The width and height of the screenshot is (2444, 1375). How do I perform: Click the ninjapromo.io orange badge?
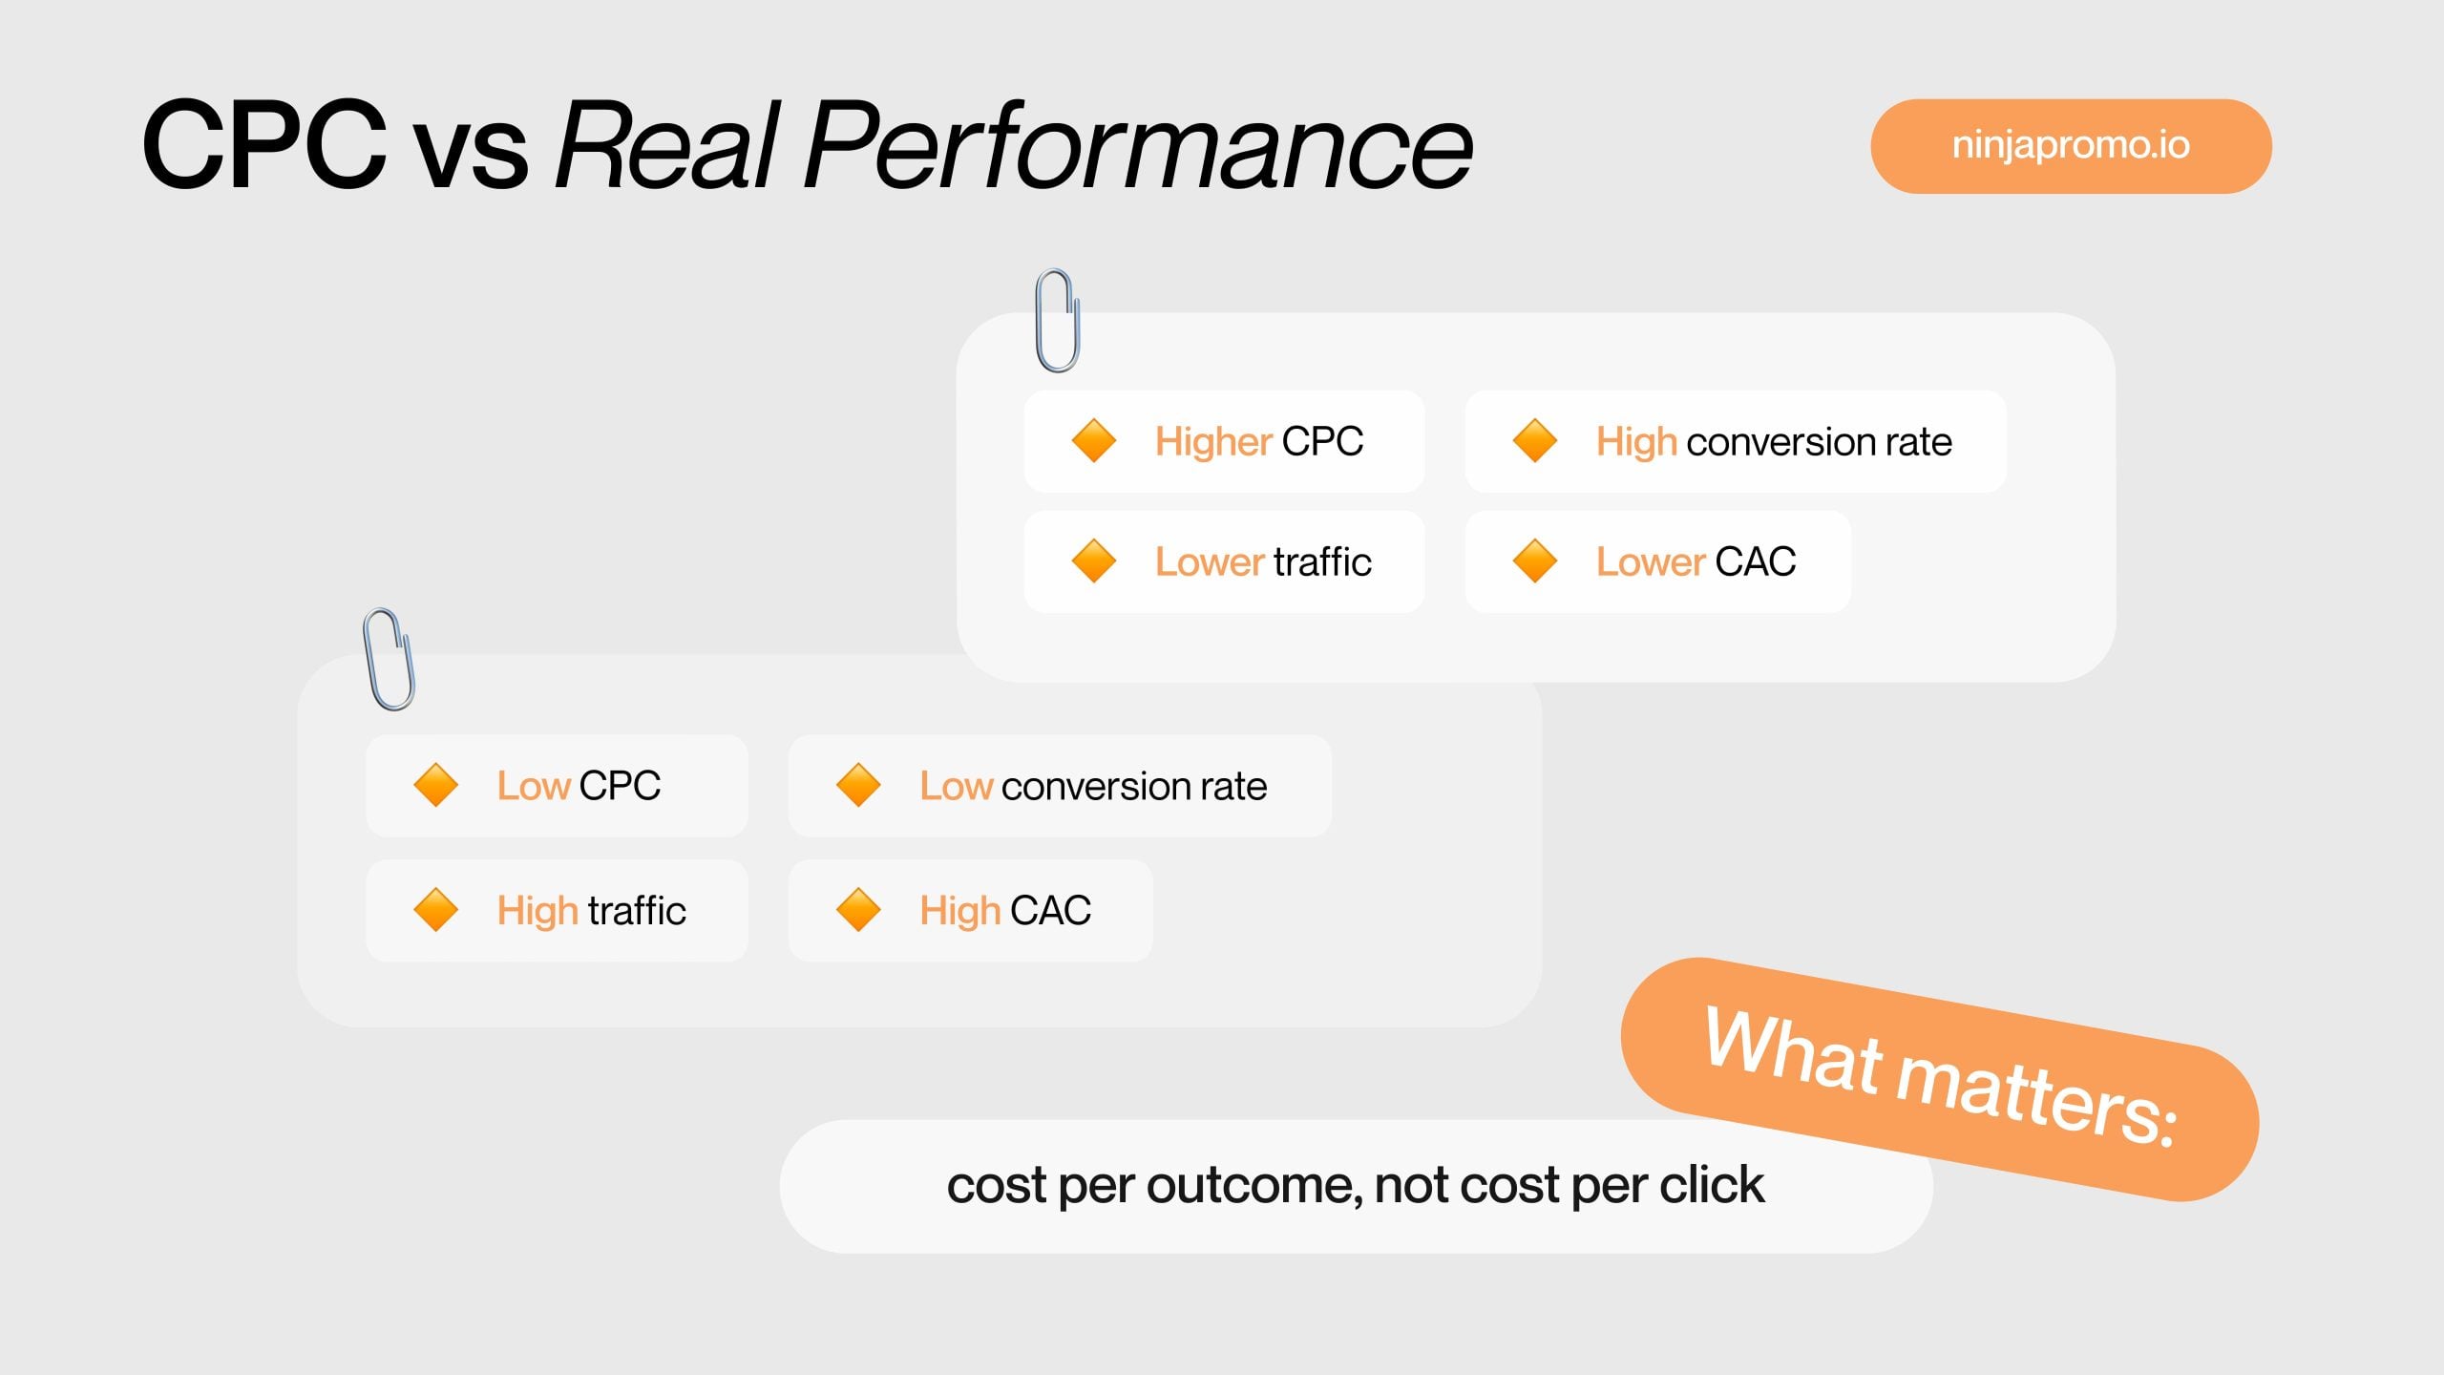click(2070, 146)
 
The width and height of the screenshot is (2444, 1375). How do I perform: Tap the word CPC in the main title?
click(264, 146)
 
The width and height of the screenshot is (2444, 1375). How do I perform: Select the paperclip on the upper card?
click(1058, 321)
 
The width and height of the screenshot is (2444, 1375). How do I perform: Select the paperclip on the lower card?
click(390, 660)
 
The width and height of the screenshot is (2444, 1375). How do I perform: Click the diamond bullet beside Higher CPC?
click(1094, 441)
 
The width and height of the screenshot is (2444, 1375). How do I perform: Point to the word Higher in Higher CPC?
click(1212, 442)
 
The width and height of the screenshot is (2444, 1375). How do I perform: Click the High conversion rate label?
click(1773, 442)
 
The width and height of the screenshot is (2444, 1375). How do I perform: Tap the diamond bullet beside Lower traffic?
click(1094, 561)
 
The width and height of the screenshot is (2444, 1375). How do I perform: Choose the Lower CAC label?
click(1696, 561)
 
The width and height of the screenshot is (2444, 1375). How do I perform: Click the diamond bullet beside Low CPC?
click(436, 785)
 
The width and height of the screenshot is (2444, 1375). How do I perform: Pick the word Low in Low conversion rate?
click(956, 786)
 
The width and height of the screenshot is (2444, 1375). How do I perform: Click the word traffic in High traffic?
click(637, 910)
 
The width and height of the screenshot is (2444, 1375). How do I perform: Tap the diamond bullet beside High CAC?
click(858, 909)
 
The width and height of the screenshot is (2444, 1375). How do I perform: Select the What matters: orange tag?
click(1940, 1078)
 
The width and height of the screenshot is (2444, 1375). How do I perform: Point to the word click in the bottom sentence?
click(1711, 1185)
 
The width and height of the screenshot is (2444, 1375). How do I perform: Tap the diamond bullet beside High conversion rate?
click(1535, 441)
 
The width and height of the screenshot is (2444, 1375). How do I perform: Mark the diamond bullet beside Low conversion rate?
click(858, 785)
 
